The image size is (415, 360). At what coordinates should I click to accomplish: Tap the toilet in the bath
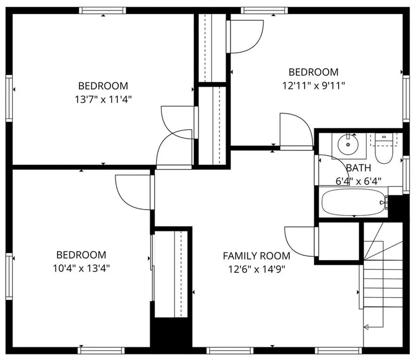tap(383, 150)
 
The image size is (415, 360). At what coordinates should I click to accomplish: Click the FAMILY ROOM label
tap(257, 256)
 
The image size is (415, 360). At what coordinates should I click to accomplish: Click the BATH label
tap(359, 168)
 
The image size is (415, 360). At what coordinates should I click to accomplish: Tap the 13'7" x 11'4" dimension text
tap(103, 99)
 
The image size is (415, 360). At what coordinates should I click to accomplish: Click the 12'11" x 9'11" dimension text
tap(313, 85)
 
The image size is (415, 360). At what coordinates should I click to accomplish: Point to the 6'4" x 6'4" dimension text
tap(359, 181)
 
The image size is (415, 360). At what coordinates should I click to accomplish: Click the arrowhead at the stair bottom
tap(367, 327)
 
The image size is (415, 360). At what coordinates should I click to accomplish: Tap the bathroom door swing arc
tap(330, 162)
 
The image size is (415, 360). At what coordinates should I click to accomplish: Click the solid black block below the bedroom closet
tap(171, 332)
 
